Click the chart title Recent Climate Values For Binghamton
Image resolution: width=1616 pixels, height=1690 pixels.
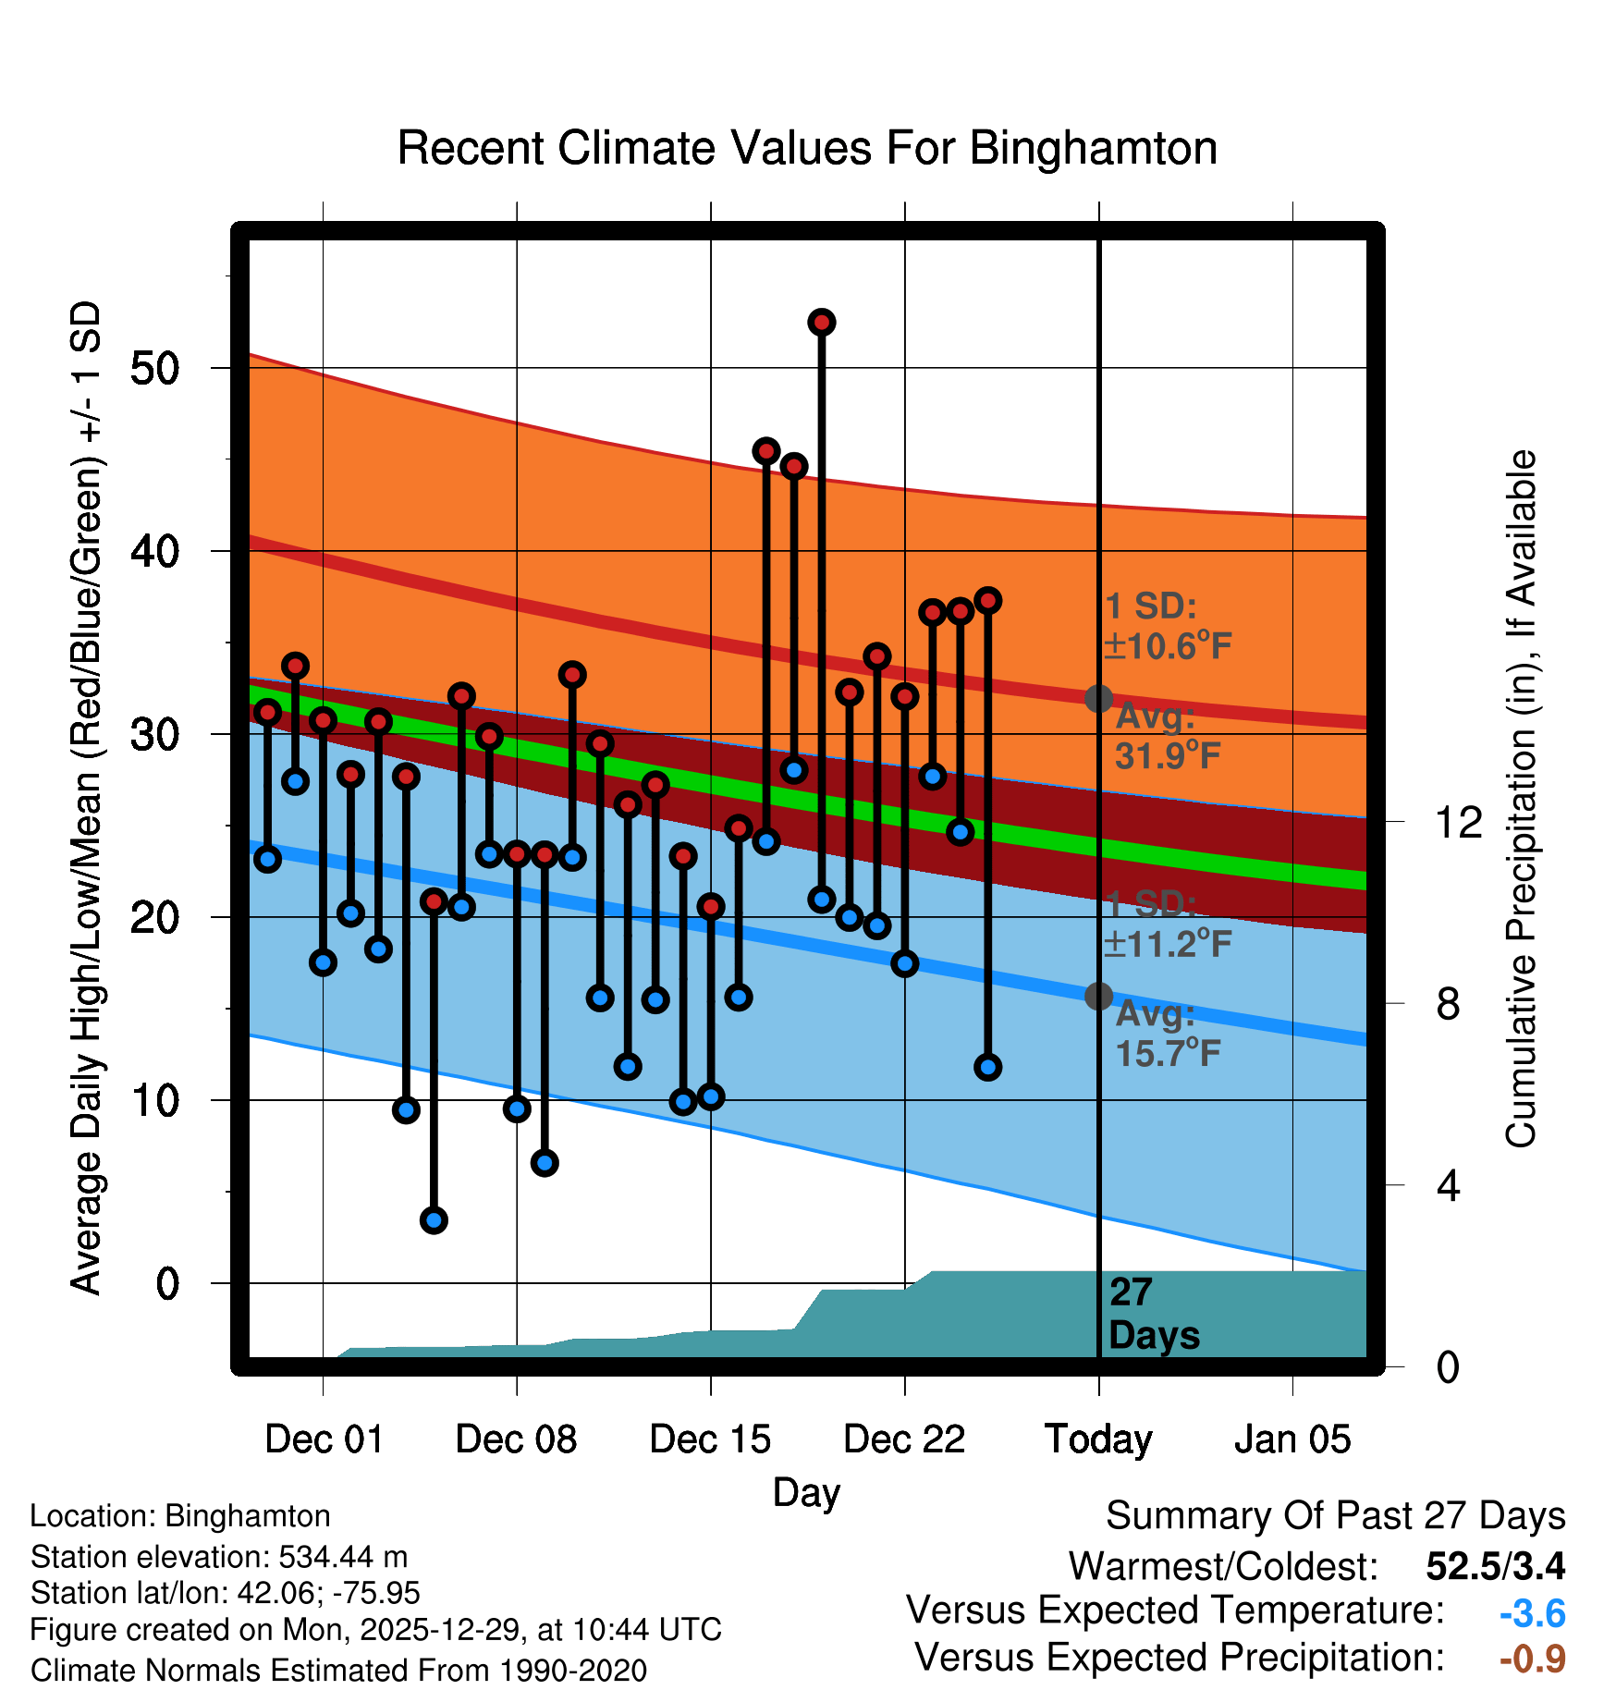click(807, 149)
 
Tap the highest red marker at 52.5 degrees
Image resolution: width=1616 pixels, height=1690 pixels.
click(822, 323)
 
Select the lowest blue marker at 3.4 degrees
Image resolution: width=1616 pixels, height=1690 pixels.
click(434, 1220)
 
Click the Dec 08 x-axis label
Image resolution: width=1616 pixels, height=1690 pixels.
click(516, 1439)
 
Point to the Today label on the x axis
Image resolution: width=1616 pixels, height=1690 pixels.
click(1098, 1439)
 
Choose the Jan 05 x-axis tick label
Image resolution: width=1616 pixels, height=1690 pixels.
click(1292, 1439)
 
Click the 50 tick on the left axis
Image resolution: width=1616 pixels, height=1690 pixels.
click(154, 369)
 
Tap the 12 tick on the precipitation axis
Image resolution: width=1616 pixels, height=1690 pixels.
click(1458, 822)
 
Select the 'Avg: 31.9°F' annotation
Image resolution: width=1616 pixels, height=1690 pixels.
click(1167, 737)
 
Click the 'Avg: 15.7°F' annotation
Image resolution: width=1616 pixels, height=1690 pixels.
click(1167, 1034)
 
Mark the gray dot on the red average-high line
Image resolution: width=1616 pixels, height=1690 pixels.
click(1098, 698)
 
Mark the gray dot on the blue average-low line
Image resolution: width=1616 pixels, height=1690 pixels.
click(1098, 996)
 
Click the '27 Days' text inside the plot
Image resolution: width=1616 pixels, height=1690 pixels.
click(1153, 1314)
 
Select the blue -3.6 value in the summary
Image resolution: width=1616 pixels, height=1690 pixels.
click(1532, 1614)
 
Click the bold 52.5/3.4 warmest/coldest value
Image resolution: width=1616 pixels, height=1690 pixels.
click(1495, 1566)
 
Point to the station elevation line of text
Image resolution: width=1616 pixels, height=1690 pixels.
click(219, 1557)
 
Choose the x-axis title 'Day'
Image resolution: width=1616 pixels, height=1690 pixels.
click(806, 1492)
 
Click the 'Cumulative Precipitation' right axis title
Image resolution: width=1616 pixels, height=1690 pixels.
click(1521, 799)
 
